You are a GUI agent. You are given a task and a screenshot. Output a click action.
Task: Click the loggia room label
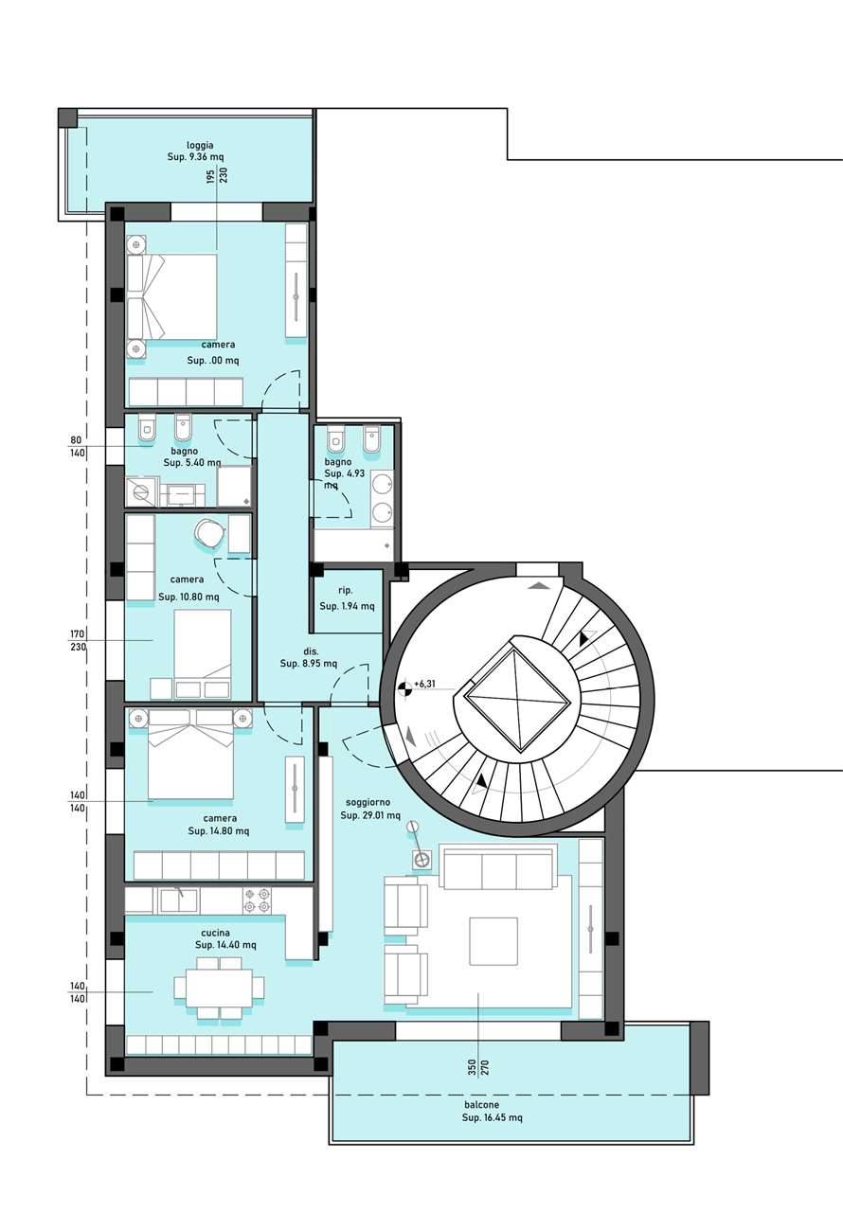point(200,145)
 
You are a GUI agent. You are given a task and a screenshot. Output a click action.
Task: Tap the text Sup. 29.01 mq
point(370,815)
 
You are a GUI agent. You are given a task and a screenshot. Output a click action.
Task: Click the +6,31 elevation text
point(424,685)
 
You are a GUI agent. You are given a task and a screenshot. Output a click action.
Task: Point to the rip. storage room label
point(345,591)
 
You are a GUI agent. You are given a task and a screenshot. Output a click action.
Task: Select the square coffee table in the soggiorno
point(493,941)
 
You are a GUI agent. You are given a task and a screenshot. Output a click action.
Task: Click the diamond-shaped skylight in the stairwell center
point(518,700)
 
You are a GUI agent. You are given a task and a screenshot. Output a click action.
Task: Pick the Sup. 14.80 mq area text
point(219,831)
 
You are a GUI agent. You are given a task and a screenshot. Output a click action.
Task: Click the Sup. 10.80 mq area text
point(188,597)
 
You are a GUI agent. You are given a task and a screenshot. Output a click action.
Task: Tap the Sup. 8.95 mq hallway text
point(309,664)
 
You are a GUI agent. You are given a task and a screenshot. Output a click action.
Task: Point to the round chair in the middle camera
point(209,533)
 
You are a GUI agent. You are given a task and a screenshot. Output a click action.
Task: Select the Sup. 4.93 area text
point(344,473)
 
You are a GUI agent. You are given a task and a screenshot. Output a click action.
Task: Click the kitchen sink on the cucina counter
point(179,900)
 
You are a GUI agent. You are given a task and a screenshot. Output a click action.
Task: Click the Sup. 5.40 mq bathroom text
point(192,463)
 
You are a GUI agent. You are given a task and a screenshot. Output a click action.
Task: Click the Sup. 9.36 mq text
point(195,157)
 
